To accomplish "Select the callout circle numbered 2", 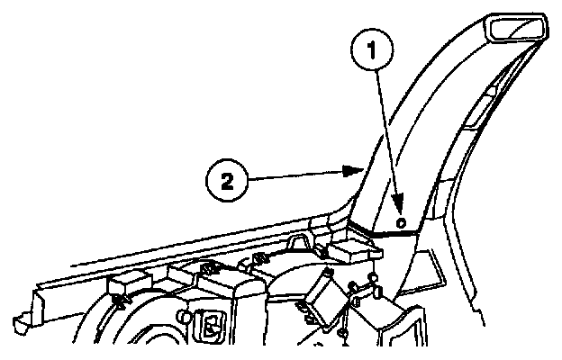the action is (x=228, y=181).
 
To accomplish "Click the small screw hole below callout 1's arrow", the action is (x=401, y=220).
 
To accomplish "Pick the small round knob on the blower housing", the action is (x=187, y=317).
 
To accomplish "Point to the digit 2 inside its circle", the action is (x=228, y=181).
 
